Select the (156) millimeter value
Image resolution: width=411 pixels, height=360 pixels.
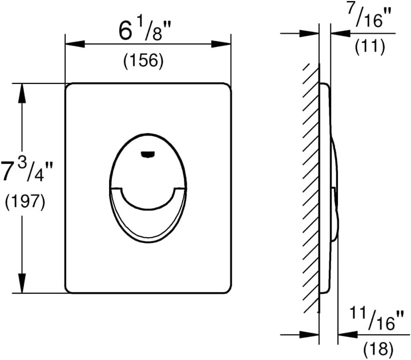tap(144, 61)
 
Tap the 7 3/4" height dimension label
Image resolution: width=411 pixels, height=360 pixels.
tap(26, 171)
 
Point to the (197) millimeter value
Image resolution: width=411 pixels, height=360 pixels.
tap(25, 202)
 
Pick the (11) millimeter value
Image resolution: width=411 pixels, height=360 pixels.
tap(370, 47)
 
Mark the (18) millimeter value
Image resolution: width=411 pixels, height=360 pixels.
tap(378, 349)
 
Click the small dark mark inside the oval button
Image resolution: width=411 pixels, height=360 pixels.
tap(148, 155)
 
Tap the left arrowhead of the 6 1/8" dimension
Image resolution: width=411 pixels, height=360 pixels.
tap(75, 44)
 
